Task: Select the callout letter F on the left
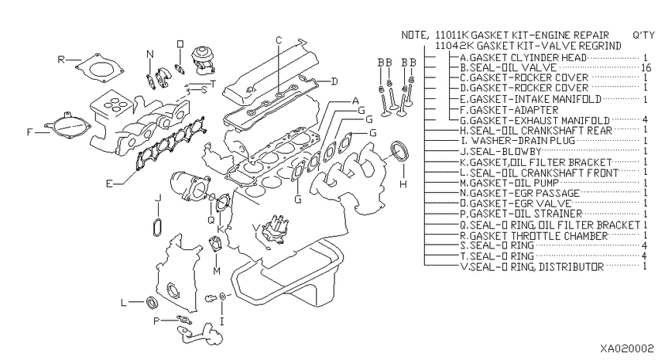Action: (30, 132)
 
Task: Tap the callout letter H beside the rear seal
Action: (403, 185)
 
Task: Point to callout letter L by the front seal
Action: (123, 303)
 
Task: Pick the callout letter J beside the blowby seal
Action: (157, 199)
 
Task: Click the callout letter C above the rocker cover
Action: (279, 39)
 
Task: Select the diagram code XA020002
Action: (625, 349)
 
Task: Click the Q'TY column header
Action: (643, 36)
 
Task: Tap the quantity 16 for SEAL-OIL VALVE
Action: (645, 68)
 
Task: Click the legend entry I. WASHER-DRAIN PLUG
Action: (510, 142)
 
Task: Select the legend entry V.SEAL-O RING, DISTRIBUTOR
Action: (530, 266)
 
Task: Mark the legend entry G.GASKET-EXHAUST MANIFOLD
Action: (534, 121)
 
